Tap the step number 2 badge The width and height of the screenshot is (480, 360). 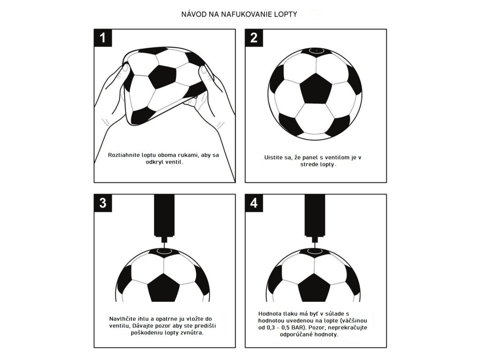[x=254, y=38]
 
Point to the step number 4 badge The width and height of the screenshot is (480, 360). [x=254, y=202]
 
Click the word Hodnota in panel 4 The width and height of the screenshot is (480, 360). [x=270, y=313]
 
